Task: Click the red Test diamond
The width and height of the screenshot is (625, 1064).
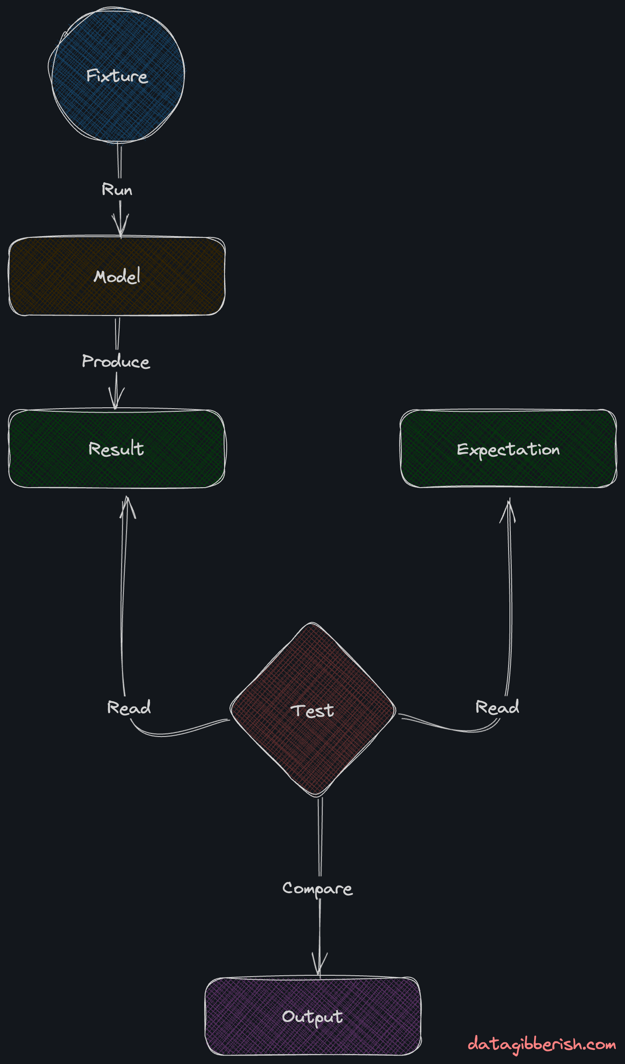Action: point(313,741)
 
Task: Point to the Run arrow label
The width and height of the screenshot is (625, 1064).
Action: point(117,190)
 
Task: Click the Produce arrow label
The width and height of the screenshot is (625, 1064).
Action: point(116,361)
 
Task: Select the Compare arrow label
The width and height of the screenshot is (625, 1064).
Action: point(318,888)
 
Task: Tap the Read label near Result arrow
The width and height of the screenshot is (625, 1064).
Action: point(129,707)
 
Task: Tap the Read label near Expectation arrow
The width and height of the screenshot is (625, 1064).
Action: point(497,707)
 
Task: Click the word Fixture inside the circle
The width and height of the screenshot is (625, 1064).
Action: point(117,76)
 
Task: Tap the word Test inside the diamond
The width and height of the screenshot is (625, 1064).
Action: point(312,711)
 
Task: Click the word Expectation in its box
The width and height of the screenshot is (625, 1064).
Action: point(508,449)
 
